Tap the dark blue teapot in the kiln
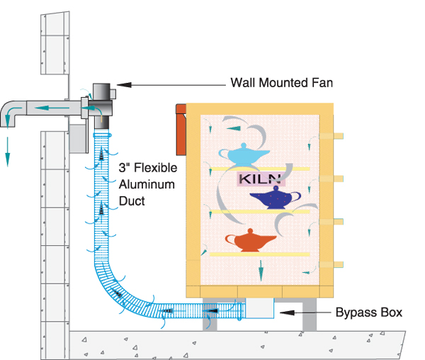pos(273,198)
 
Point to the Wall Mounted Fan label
pos(281,83)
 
